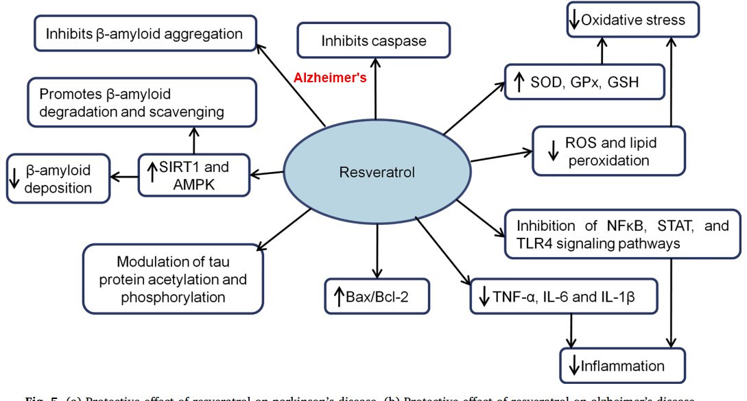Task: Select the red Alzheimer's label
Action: pos(331,77)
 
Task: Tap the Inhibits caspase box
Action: pos(374,40)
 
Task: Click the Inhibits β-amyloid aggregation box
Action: pos(144,32)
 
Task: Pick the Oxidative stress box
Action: pos(632,20)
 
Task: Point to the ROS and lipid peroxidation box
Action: pos(608,151)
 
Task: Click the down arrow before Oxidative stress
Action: pos(573,20)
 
